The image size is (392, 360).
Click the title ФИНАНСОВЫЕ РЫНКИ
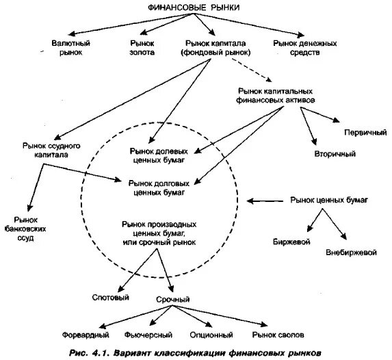[194, 8]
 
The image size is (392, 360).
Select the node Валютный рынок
[70, 48]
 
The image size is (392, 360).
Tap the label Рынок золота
[142, 48]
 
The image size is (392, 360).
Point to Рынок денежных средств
[304, 48]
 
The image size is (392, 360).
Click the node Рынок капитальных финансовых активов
[275, 96]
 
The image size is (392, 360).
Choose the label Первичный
[365, 132]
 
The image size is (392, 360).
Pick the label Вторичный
[335, 153]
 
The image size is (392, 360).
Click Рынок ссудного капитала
[51, 150]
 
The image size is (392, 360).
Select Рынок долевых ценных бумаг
[159, 155]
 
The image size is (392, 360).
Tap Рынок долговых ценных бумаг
[159, 188]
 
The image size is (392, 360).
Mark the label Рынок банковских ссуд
[25, 229]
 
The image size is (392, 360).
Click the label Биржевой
[291, 242]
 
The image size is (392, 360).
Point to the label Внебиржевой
[351, 252]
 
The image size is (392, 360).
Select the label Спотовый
[111, 298]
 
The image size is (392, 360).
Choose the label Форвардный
[86, 335]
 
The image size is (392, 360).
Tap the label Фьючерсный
[148, 335]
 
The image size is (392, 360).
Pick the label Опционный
[211, 335]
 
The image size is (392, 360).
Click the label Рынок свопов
[278, 335]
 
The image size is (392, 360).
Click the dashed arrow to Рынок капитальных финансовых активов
[252, 70]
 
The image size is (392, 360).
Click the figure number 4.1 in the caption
[100, 353]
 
